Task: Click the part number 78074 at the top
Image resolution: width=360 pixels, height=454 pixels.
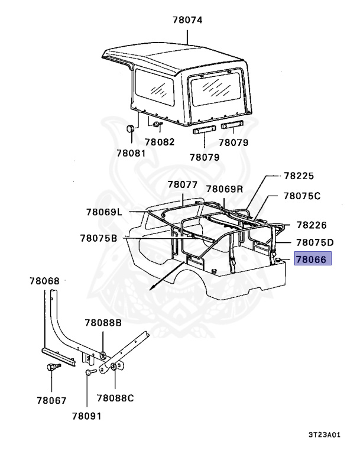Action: [187, 20]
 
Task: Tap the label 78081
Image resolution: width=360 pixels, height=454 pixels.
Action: [130, 153]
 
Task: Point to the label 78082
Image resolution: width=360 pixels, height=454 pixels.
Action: [160, 142]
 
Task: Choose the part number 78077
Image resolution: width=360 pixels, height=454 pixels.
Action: [182, 184]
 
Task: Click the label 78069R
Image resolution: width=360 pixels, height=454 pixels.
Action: [225, 189]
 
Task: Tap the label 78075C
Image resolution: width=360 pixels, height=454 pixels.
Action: [301, 196]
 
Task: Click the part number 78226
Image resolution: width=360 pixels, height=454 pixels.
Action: [312, 225]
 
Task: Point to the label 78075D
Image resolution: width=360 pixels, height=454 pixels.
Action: [314, 242]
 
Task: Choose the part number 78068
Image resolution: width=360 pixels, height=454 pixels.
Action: [44, 281]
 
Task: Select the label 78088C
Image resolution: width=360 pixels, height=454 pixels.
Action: [115, 398]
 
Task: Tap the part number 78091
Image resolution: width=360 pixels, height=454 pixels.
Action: [86, 416]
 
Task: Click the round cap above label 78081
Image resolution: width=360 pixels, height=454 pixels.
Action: [131, 129]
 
